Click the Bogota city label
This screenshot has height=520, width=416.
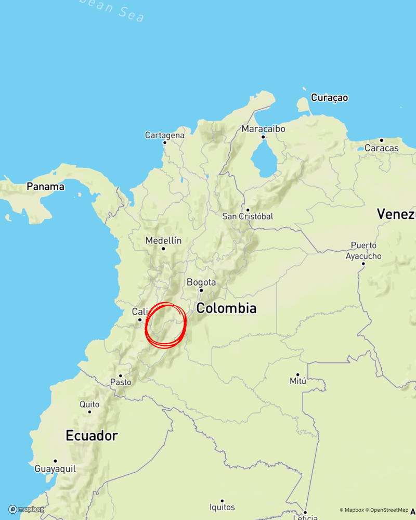201,282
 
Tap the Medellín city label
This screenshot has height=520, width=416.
164,240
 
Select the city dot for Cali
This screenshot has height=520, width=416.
140,320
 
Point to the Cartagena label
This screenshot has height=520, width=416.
164,135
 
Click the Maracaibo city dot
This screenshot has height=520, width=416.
263,137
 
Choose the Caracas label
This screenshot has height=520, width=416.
381,148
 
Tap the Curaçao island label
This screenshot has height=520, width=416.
329,97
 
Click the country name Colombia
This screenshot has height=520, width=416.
226,308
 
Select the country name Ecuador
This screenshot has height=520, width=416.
92,436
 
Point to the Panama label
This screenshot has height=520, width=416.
46,186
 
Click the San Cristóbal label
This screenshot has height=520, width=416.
248,216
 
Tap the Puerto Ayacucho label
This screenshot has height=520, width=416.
363,250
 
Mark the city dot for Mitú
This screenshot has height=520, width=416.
297,374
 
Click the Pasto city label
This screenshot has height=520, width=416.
121,382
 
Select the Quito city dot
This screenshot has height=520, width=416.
89,412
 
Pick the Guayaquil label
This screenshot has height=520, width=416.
55,469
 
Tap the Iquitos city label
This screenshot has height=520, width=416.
222,507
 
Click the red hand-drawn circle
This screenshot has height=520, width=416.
165,326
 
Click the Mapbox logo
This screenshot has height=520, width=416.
26,509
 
